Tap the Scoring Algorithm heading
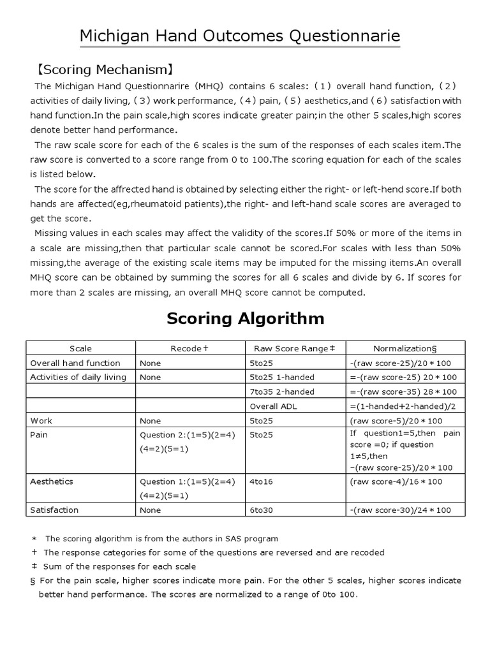pos(245,318)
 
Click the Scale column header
pos(80,348)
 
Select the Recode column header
pos(190,348)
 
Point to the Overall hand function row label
pos(75,363)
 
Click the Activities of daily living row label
pos(78,377)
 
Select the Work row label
pos(41,421)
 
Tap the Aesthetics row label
pos(52,481)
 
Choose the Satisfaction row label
pos(55,510)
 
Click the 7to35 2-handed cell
pos(282,392)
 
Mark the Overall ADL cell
pos(272,406)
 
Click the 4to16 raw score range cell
pos(261,481)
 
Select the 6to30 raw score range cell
pos(261,510)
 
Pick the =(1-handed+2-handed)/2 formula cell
pos(403,406)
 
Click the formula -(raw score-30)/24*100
pos(400,510)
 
